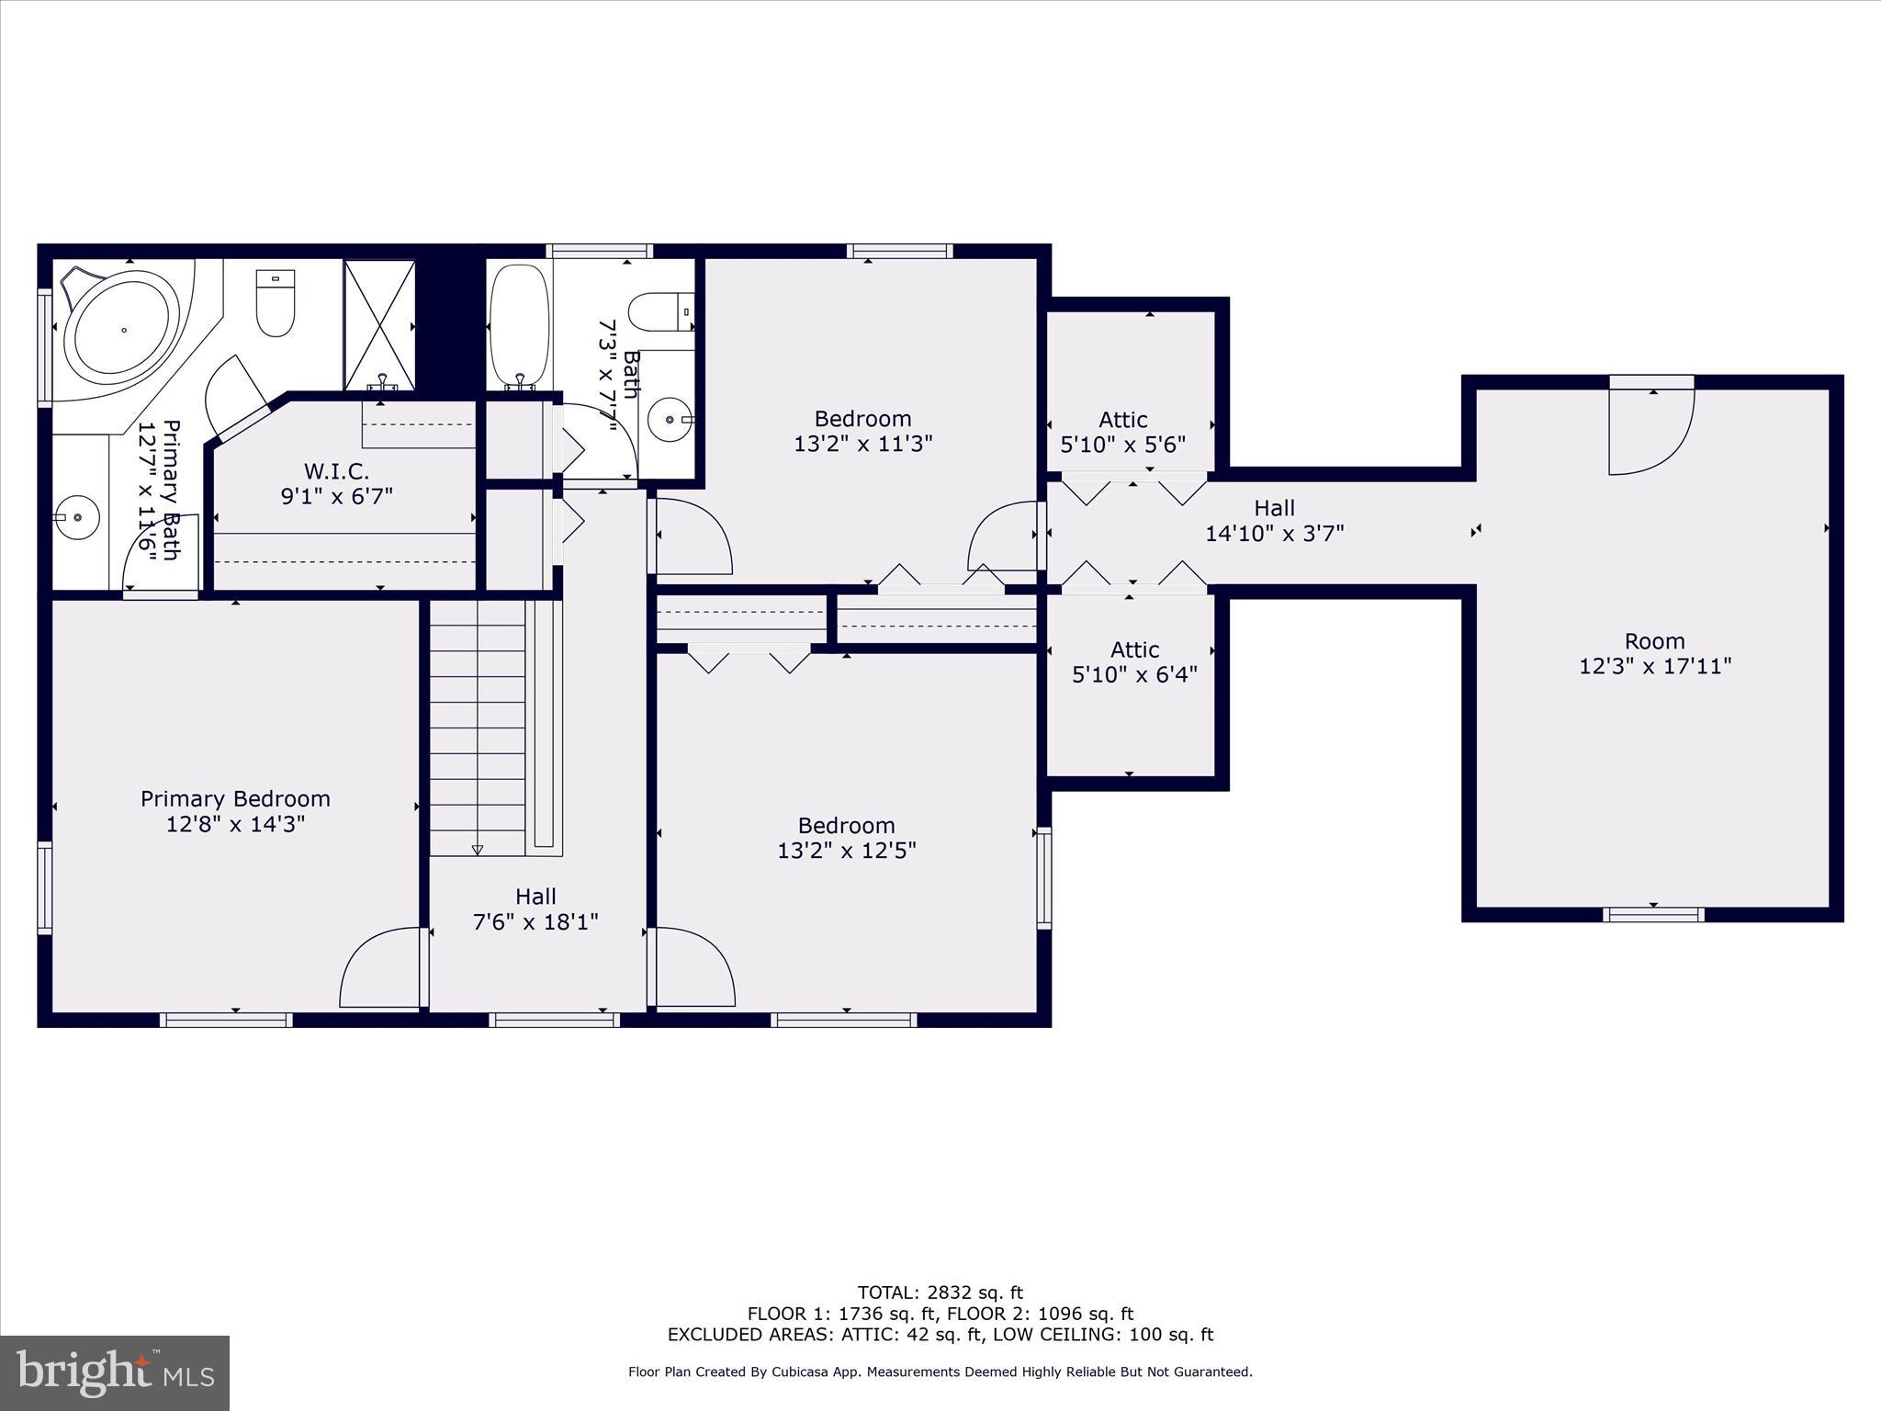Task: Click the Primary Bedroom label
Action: [235, 799]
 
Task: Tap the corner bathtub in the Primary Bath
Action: [122, 329]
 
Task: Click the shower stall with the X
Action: [379, 326]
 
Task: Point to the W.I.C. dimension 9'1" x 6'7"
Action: [336, 497]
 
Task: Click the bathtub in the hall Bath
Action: [520, 326]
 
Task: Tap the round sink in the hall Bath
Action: [670, 420]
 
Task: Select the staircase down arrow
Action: [478, 850]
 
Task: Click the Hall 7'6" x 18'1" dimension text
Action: [535, 921]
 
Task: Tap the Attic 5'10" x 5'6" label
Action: [1122, 420]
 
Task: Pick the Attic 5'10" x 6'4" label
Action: [1134, 650]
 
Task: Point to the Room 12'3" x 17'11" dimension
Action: [1655, 666]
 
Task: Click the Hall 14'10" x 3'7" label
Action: [1274, 508]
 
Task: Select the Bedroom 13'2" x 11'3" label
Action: [862, 419]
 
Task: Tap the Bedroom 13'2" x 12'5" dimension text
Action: [846, 851]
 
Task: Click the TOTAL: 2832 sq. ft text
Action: [940, 1292]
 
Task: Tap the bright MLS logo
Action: [115, 1373]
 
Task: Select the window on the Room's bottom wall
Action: [1653, 914]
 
